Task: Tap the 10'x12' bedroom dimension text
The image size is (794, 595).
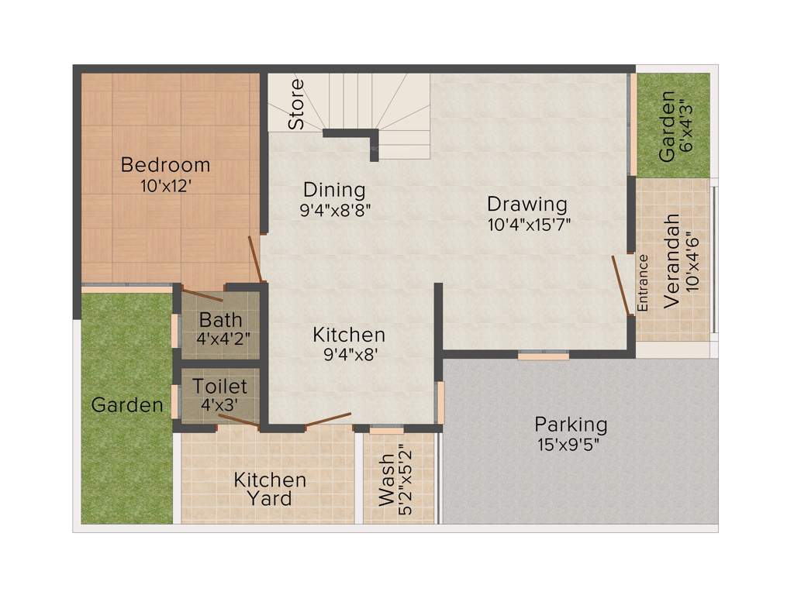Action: click(165, 186)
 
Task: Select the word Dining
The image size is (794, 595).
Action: click(334, 190)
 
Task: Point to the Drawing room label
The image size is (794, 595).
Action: click(527, 205)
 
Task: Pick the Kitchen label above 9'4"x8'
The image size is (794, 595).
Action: click(349, 335)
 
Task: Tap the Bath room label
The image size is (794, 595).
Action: click(221, 319)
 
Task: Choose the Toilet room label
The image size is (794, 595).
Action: click(220, 386)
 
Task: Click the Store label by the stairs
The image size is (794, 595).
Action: click(295, 104)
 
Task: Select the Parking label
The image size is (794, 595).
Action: click(571, 425)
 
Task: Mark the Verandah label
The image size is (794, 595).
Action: click(671, 262)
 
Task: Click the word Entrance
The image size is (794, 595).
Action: click(643, 283)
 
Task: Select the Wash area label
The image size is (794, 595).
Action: click(387, 480)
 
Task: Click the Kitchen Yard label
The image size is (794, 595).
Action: click(270, 489)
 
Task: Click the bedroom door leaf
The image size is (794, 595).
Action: click(254, 259)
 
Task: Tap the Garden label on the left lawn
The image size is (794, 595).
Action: click(127, 404)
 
